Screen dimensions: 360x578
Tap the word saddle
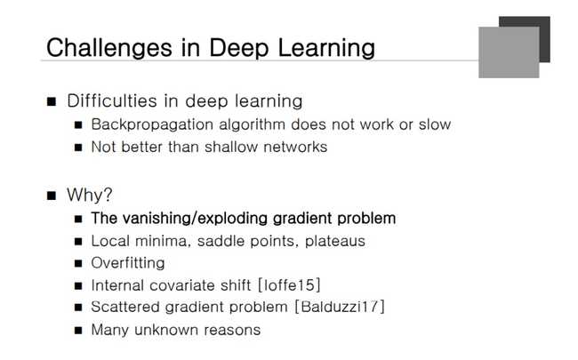click(235, 240)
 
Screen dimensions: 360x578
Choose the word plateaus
click(333, 240)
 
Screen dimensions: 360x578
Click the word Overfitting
click(128, 263)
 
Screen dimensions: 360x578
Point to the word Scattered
click(126, 308)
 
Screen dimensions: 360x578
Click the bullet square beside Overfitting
click(78, 263)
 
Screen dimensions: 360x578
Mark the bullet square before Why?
click(52, 195)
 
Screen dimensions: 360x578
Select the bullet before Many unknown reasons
click(78, 331)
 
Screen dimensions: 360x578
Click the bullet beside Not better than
click(78, 147)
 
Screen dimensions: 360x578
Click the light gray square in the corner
click(509, 51)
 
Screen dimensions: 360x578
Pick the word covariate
click(213, 285)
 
